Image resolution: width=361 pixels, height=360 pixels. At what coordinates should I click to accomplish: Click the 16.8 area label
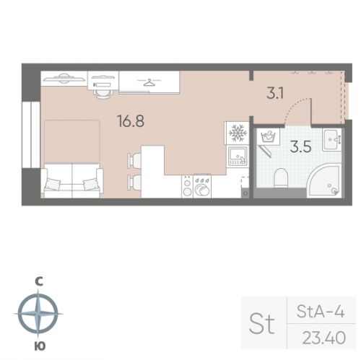click(x=131, y=121)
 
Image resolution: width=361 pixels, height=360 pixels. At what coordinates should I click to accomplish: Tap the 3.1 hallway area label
click(x=275, y=93)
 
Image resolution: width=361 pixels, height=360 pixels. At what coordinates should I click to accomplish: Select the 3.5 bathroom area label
click(x=301, y=147)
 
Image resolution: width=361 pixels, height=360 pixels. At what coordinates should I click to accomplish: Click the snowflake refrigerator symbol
click(x=238, y=133)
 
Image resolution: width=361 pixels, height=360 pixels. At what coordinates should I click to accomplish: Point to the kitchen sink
click(x=238, y=156)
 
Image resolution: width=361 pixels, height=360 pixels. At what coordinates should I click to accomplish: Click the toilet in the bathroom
click(x=281, y=178)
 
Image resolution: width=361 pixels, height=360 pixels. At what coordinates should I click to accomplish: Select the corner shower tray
click(x=324, y=180)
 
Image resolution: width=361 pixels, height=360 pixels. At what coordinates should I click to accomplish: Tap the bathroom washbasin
click(x=332, y=139)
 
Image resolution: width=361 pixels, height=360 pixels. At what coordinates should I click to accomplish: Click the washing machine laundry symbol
click(x=268, y=136)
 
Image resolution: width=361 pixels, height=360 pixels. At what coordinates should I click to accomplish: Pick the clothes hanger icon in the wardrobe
click(x=149, y=82)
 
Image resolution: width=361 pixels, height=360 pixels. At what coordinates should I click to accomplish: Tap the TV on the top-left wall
click(x=64, y=78)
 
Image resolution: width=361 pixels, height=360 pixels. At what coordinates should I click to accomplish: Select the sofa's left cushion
click(x=53, y=184)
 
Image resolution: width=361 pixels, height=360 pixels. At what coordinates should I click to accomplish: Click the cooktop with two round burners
click(x=187, y=187)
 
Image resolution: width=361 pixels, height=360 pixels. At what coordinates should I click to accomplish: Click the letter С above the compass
click(x=39, y=281)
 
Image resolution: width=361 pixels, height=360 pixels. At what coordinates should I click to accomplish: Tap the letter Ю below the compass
click(x=40, y=346)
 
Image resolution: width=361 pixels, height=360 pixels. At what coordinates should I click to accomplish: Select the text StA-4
click(x=321, y=312)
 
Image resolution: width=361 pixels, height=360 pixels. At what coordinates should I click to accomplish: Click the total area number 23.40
click(x=324, y=338)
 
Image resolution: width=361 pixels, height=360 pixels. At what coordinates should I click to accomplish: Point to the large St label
click(x=262, y=323)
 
